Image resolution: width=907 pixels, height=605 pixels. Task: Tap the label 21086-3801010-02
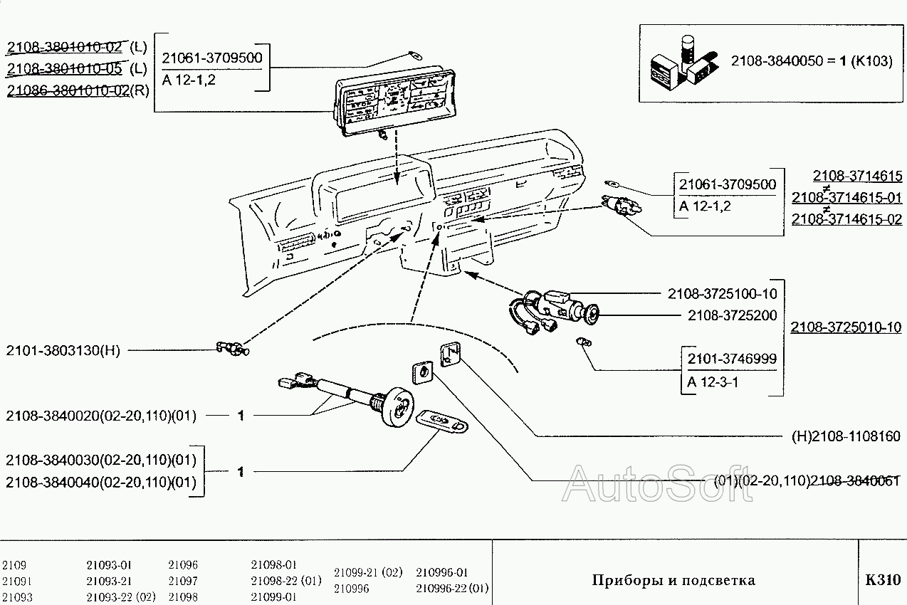[x=68, y=90]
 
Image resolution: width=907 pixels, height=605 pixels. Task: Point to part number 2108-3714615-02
[x=846, y=219]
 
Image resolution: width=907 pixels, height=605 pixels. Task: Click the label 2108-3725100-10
[x=722, y=294]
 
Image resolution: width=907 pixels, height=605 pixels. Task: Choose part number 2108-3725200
[x=732, y=315]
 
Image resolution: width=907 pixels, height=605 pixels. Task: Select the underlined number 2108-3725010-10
[x=846, y=327]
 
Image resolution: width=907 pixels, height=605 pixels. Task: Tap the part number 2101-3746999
[x=731, y=359]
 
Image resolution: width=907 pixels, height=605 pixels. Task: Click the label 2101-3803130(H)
[x=63, y=350]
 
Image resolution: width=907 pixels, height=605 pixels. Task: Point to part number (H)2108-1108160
[x=846, y=436]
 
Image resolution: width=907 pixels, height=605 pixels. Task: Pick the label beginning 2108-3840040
[x=100, y=483]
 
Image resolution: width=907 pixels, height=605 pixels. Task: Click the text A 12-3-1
[x=713, y=382]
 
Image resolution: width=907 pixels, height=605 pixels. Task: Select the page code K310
[x=883, y=580]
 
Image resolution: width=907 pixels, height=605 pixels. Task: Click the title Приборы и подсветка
[x=673, y=580]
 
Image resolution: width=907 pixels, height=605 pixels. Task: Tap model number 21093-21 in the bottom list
[x=109, y=581]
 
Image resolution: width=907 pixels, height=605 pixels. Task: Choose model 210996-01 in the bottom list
[x=442, y=572]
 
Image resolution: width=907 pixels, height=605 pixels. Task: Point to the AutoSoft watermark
[x=656, y=484]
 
